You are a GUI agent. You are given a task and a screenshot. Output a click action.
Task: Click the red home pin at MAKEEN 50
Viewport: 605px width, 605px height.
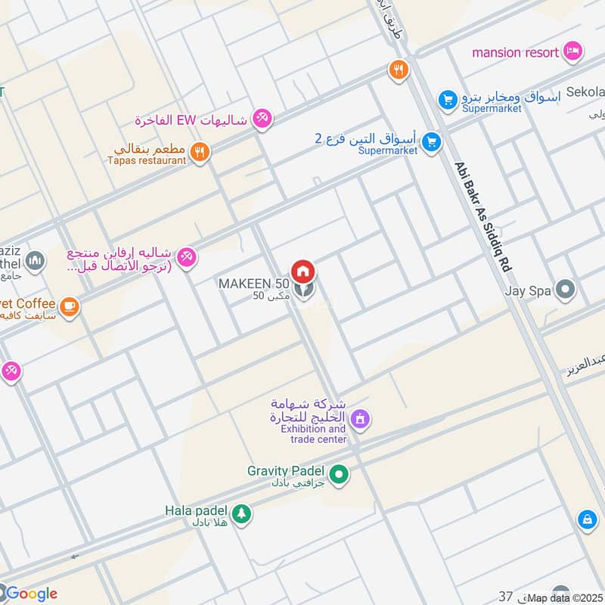303,271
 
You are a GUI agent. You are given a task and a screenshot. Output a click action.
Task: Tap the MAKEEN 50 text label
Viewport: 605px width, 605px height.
254,284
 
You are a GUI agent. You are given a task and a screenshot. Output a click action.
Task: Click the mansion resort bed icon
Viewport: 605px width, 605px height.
574,51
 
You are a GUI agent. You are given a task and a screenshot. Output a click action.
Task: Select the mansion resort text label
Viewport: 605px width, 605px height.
516,52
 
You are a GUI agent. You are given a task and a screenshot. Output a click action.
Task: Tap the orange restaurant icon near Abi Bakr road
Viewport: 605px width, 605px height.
399,70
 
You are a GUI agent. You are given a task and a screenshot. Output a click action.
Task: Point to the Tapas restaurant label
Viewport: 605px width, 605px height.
147,160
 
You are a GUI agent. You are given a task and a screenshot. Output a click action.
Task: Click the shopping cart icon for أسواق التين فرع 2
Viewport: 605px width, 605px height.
431,141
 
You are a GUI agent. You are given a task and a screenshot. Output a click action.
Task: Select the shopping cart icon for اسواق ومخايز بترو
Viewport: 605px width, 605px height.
448,99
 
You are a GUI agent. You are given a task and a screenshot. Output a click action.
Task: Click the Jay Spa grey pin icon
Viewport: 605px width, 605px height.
564,290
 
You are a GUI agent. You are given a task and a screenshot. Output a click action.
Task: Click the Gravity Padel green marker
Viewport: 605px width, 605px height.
340,475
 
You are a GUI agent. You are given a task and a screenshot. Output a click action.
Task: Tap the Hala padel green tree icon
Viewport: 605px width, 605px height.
241,513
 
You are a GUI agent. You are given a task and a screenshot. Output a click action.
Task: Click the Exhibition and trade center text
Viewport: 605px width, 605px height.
314,434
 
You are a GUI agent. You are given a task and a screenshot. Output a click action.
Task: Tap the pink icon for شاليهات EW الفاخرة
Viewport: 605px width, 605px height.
263,119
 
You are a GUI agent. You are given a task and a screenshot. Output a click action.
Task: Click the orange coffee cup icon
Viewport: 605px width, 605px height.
70,306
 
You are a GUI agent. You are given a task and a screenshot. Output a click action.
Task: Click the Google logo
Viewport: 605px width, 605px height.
30,594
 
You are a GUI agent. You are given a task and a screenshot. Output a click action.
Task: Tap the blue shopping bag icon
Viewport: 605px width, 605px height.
586,520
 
